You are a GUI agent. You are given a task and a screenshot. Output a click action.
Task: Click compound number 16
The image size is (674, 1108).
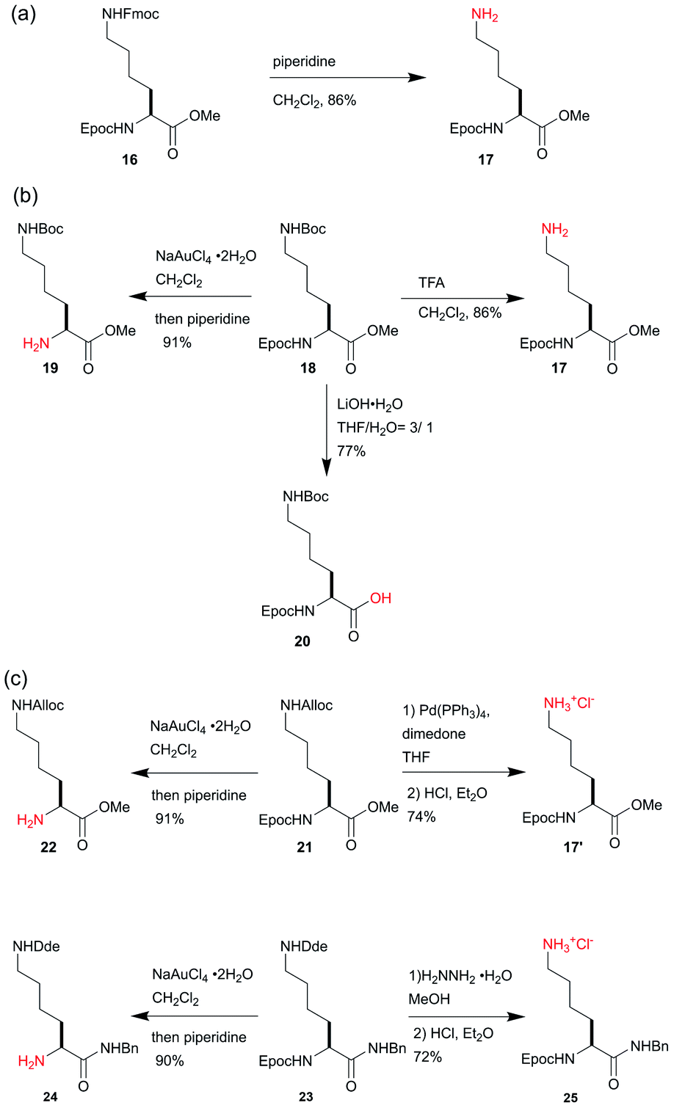tap(129, 159)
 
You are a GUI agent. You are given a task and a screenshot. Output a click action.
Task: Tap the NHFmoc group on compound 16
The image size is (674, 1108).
tap(132, 14)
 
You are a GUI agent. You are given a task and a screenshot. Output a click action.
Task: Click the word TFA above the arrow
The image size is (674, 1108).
tap(432, 283)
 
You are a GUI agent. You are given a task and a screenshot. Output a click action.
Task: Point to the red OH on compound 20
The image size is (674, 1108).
tap(380, 598)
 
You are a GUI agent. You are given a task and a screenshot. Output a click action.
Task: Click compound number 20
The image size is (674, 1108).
tap(302, 641)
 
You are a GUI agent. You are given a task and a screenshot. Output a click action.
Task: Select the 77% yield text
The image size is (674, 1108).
tap(351, 451)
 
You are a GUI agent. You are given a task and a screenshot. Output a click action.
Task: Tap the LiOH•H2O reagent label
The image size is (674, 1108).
tap(370, 404)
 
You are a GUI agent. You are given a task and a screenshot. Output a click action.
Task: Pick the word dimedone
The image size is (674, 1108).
tap(434, 734)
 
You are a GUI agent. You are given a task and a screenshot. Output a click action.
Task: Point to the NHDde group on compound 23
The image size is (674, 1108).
tap(305, 947)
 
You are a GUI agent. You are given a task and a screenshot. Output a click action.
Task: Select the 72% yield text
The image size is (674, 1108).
tap(427, 1057)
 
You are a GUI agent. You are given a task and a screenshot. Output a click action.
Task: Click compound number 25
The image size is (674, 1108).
tap(570, 1098)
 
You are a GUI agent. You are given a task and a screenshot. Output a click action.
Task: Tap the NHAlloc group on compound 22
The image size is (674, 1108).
tap(37, 705)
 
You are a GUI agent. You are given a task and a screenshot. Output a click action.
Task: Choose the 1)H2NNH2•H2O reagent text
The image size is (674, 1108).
tap(460, 976)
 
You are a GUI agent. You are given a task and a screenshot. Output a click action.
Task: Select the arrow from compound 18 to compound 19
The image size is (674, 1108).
tap(191, 297)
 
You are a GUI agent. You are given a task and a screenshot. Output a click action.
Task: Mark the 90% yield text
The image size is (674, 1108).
tap(170, 1060)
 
